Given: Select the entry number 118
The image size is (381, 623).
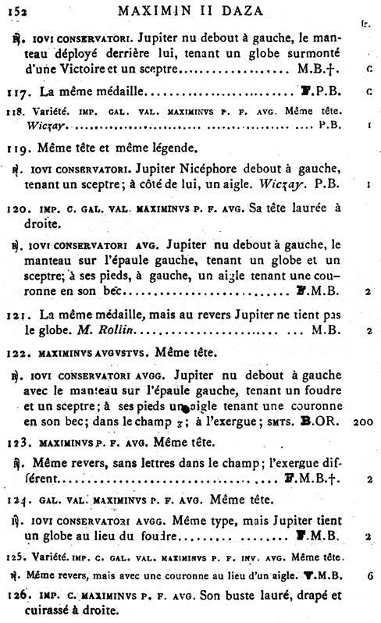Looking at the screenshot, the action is (x=24, y=112).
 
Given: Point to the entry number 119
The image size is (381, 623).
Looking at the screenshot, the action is (x=26, y=147).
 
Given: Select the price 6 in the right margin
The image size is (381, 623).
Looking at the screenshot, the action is (x=367, y=574).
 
